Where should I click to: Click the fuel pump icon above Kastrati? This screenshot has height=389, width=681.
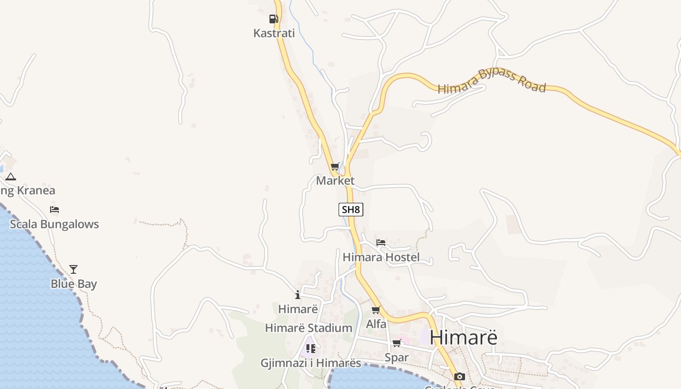point(273,19)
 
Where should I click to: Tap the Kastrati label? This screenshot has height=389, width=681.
point(274,33)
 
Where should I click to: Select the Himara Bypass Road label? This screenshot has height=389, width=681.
point(492,81)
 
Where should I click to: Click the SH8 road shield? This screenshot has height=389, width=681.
point(351,210)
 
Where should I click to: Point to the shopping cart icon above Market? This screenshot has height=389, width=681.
point(335,167)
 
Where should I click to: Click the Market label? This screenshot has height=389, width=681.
point(335,181)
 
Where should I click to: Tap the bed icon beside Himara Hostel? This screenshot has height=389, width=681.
point(381,242)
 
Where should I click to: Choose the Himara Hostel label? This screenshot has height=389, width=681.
point(381,257)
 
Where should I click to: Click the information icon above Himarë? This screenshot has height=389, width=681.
point(298,295)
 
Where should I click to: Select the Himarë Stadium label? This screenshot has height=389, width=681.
point(308,328)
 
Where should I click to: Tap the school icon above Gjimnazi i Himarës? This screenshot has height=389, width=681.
point(310,348)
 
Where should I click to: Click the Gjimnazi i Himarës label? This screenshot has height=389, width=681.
point(311,363)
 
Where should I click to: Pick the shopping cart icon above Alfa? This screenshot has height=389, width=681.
point(376,310)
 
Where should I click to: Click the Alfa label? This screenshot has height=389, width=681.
point(376,324)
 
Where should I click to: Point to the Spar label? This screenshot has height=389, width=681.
point(396,357)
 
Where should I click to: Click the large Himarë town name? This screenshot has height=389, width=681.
point(464,337)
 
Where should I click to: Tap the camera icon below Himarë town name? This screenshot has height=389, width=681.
point(459,376)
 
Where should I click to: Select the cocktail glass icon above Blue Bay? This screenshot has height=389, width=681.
point(73,269)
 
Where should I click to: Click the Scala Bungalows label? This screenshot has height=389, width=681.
point(54,224)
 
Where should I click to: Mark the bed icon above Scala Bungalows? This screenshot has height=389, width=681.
point(54,210)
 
